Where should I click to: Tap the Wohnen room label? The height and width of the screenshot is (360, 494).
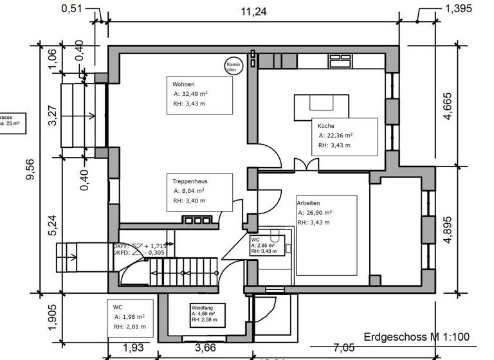(183, 85)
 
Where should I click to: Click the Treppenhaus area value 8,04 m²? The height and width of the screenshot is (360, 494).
(189, 191)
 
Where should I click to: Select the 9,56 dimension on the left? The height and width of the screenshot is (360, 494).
(30, 170)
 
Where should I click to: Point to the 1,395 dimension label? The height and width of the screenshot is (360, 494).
(458, 8)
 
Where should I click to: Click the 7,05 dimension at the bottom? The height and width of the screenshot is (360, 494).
(343, 348)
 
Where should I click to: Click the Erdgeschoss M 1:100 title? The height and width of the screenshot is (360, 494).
(417, 337)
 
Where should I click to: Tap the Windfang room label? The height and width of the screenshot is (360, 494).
(201, 309)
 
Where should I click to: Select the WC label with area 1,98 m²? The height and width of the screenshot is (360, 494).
(118, 307)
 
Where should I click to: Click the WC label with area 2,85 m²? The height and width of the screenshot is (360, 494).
(255, 240)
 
